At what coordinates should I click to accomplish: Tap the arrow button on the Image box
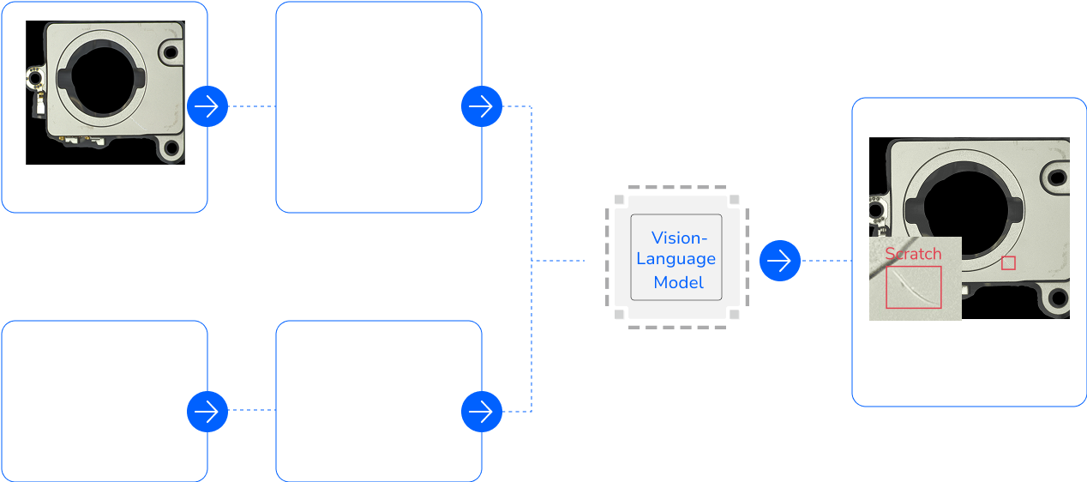pyautogui.click(x=207, y=106)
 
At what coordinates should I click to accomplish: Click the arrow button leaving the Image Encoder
pyautogui.click(x=482, y=106)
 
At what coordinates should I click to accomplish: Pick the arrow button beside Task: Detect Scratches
pyautogui.click(x=207, y=411)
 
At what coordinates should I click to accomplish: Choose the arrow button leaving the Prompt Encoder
pyautogui.click(x=482, y=412)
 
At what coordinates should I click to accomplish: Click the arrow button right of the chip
pyautogui.click(x=779, y=260)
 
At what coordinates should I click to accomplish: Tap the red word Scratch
pyautogui.click(x=913, y=254)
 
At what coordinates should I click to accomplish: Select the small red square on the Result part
pyautogui.click(x=1008, y=263)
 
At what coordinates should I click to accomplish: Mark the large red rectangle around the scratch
pyautogui.click(x=913, y=286)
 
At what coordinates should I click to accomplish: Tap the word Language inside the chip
pyautogui.click(x=676, y=259)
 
